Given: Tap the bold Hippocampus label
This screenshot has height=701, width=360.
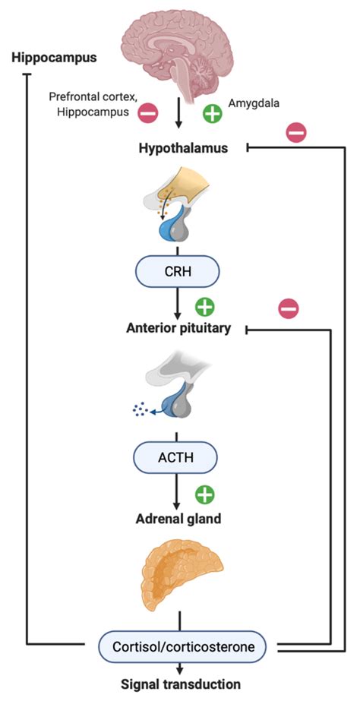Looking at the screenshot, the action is coord(55,58).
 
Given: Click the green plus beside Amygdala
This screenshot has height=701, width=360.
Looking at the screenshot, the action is coord(213,114).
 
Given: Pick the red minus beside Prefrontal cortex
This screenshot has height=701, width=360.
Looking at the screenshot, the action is coord(147,113).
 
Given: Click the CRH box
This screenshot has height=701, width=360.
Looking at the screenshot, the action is coord(178,271).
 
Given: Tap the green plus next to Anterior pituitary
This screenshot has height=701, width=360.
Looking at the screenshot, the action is coord(205,307).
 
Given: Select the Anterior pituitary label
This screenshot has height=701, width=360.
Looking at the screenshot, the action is coord(178,329).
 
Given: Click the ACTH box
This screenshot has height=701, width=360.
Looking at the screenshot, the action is coord(175,457).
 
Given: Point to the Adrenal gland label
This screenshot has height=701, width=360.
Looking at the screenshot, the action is coord(178,519).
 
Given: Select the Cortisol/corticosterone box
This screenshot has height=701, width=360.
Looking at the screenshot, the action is coord(182,646).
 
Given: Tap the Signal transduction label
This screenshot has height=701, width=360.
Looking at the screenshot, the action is coord(182,684).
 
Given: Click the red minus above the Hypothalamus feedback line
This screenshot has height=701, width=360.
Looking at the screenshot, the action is coord(296,132).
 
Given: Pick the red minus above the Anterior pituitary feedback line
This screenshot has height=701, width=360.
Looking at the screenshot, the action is coord(289,308).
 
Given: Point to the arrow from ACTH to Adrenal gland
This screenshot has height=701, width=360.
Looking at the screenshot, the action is coord(178,491).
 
